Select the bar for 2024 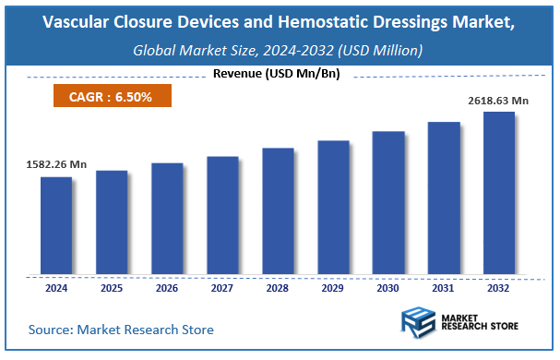(56, 225)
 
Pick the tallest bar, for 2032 (499, 193)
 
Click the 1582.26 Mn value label (56, 164)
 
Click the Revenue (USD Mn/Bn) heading (276, 74)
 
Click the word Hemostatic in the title (340, 24)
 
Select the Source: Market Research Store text (121, 330)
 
